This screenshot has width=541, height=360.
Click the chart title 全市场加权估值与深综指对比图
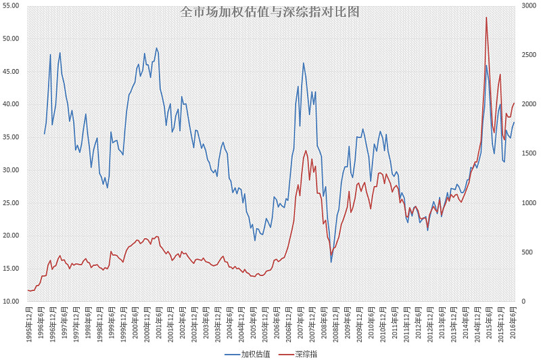coord(270,12)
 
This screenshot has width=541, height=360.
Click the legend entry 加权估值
coord(256,353)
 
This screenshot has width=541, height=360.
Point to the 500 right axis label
coord(529,252)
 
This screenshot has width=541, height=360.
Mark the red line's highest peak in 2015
coord(486,18)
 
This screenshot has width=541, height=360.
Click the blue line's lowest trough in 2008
coord(331,262)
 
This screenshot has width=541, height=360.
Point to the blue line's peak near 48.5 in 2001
coord(156,48)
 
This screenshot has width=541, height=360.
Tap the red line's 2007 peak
coord(306,150)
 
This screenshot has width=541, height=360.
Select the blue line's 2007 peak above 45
coord(303,63)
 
